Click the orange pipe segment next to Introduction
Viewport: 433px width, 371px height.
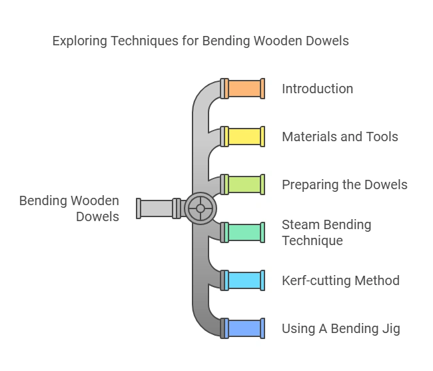click(244, 89)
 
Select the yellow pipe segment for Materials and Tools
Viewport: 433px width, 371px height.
click(244, 137)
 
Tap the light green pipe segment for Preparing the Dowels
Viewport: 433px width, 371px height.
click(244, 185)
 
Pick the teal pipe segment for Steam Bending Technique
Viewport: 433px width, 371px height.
click(244, 232)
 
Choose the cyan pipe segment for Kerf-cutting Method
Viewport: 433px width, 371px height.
click(244, 280)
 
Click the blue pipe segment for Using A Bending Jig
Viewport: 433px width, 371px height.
click(244, 328)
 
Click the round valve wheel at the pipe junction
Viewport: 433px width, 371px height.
click(200, 208)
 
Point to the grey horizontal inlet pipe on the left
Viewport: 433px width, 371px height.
click(157, 208)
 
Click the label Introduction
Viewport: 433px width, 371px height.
click(317, 89)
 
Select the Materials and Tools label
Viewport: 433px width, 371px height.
click(340, 137)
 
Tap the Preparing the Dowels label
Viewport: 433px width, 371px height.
click(344, 185)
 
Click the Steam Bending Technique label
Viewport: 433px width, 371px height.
click(326, 232)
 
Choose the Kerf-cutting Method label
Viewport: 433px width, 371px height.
click(340, 280)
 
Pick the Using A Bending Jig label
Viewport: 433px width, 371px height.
click(340, 328)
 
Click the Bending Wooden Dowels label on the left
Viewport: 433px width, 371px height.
click(69, 208)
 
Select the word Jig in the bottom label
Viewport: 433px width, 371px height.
click(390, 329)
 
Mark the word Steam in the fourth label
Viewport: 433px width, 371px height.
click(300, 225)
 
